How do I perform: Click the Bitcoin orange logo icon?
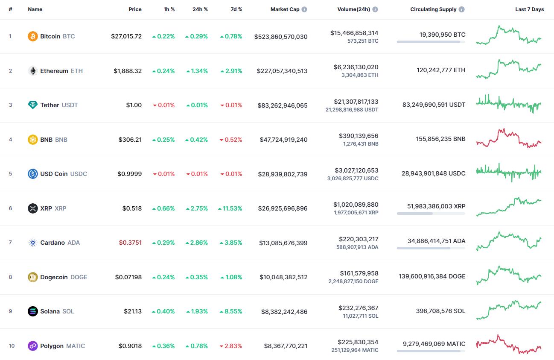click(x=33, y=36)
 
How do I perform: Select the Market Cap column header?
click(x=285, y=9)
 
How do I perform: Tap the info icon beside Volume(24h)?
click(x=375, y=9)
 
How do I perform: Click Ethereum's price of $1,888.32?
click(x=128, y=71)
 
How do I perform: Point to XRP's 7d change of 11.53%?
click(x=230, y=208)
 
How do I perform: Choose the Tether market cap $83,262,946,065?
click(x=282, y=105)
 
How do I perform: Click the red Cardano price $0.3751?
click(x=130, y=243)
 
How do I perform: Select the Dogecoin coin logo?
click(x=33, y=277)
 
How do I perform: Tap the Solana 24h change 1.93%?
click(x=197, y=311)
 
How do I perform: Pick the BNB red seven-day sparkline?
click(x=508, y=138)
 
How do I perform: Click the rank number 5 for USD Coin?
click(x=11, y=174)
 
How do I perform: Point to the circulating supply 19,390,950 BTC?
click(x=436, y=35)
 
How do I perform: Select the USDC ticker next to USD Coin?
click(x=79, y=174)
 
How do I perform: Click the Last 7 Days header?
click(x=529, y=9)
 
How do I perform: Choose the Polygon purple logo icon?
click(x=33, y=346)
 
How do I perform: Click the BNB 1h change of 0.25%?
click(x=163, y=140)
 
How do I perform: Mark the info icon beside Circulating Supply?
click(x=462, y=9)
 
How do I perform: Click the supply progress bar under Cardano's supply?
click(x=431, y=248)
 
